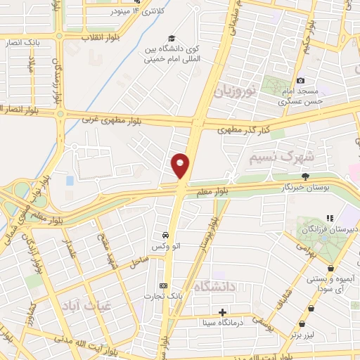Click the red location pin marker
coord(180,166)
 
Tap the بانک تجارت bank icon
coord(164,285)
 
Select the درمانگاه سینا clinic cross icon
coord(223,311)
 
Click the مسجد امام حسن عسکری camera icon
coord(300,81)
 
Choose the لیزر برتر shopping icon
coord(302,324)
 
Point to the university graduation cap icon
coord(170,38)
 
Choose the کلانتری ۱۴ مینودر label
coord(130,12)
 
